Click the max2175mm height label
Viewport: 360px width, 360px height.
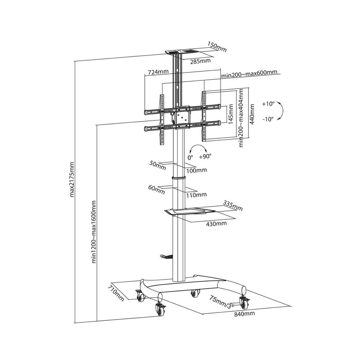tap(72, 180)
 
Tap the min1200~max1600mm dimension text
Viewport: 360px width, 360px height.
tap(94, 232)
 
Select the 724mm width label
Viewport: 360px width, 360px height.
tap(158, 72)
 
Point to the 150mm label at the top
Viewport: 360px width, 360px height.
tap(217, 46)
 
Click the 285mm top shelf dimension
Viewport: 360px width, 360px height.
tap(200, 61)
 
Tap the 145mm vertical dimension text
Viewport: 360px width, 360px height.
tap(231, 114)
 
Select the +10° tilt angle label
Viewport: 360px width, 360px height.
tap(269, 104)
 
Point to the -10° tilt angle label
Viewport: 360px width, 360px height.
tap(268, 119)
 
